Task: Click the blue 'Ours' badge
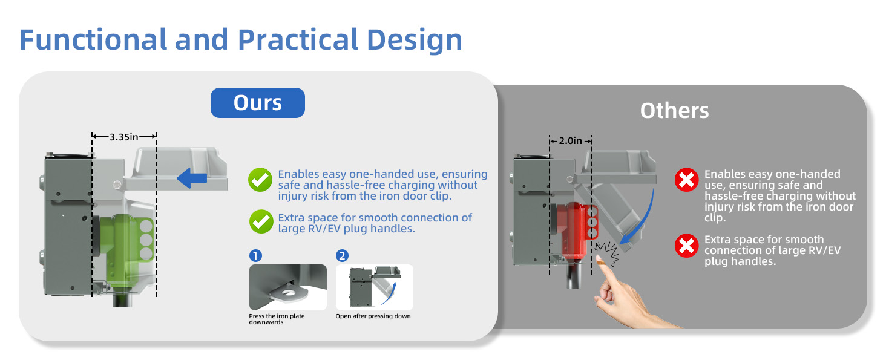coord(257,103)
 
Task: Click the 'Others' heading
coord(674,111)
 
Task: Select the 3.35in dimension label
coord(124,137)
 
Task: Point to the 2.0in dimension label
coord(570,141)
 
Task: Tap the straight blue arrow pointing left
coord(192,178)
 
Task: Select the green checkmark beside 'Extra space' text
coord(261,221)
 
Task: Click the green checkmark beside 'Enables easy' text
coord(260,180)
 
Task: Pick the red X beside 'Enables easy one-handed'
coord(687,180)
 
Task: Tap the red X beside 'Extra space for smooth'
coord(687,246)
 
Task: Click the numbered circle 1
coord(255,256)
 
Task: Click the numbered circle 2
coord(342,256)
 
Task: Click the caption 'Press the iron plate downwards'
coord(277,319)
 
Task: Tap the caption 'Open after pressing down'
coord(373,316)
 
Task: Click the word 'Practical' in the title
coord(298,39)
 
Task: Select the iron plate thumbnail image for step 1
coord(288,287)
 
